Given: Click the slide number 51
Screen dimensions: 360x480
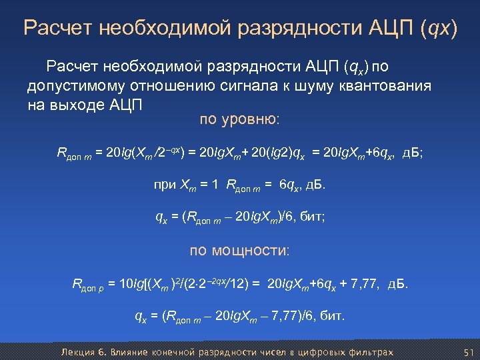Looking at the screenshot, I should click(467, 352).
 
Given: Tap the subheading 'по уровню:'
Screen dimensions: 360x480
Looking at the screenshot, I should click(240, 120).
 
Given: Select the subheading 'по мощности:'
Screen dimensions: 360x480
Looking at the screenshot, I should click(240, 251).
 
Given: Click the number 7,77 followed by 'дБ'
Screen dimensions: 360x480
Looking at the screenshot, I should click(364, 285).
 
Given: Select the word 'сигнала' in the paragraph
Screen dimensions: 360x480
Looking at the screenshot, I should click(241, 86).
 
